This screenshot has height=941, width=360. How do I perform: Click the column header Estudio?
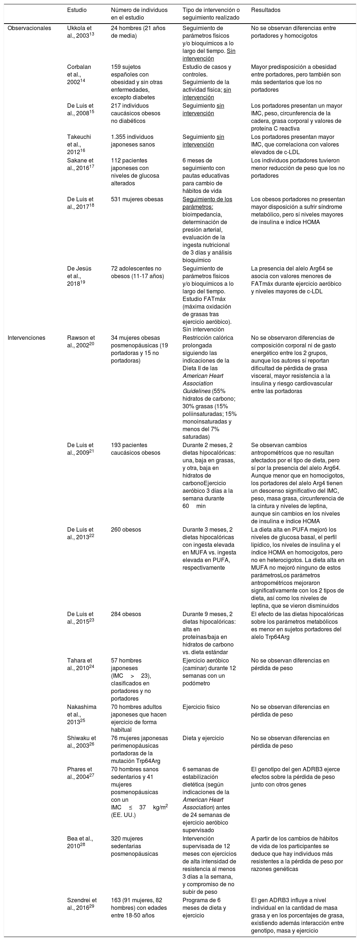pyautogui.click(x=77, y=10)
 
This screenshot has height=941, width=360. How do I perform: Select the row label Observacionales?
pyautogui.click(x=29, y=28)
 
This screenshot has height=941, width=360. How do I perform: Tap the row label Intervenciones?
pyautogui.click(x=26, y=338)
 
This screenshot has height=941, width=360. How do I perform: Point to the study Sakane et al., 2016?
pyautogui.click(x=80, y=164)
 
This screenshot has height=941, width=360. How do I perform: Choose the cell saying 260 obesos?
pyautogui.click(x=126, y=530)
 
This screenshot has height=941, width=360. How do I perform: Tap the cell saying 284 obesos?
pyautogui.click(x=126, y=614)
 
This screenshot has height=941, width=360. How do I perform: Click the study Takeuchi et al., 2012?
pyautogui.click(x=79, y=145)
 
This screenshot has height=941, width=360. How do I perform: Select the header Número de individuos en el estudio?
pyautogui.click(x=139, y=14)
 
